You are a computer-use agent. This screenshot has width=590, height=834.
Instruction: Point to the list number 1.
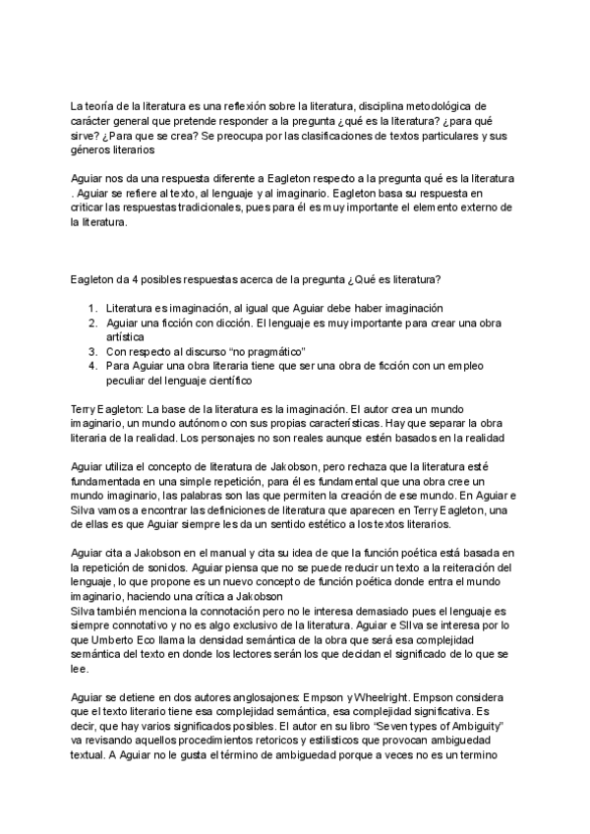click(91, 308)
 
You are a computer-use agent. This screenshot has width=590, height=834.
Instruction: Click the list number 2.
click(91, 323)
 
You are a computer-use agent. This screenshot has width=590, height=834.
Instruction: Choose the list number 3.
click(91, 351)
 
